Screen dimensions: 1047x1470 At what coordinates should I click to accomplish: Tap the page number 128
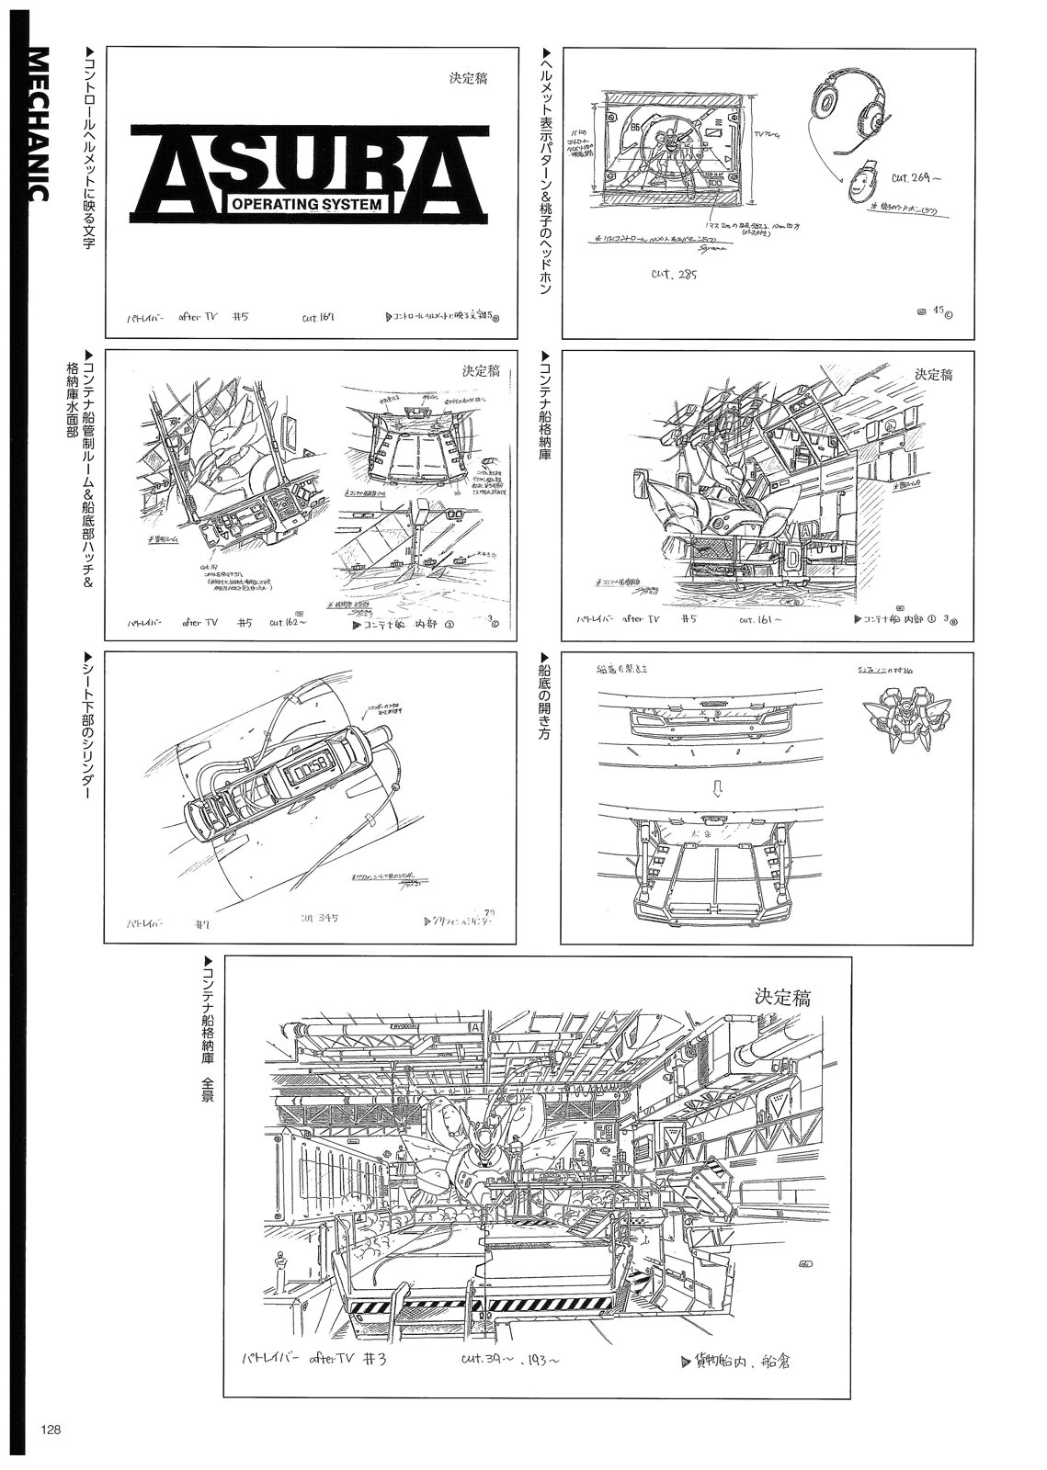[x=50, y=1430]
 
